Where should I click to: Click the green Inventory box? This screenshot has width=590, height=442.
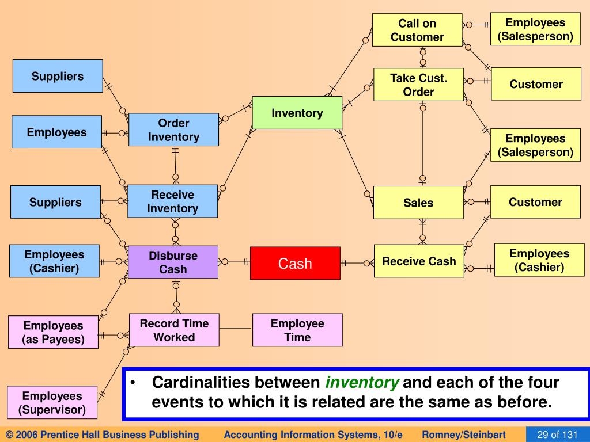coord(297,113)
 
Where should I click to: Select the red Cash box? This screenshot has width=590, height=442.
coord(295,264)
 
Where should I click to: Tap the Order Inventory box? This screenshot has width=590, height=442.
coord(173,129)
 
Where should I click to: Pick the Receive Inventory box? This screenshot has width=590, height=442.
coord(172,201)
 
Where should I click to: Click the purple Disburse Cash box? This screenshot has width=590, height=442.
coord(173,262)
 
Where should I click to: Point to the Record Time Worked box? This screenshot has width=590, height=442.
coord(174,330)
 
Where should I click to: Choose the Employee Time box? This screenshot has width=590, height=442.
coord(297,330)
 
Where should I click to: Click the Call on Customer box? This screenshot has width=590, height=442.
coord(417,30)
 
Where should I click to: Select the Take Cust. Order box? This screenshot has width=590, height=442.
coord(418,85)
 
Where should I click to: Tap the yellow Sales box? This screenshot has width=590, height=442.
coord(418,203)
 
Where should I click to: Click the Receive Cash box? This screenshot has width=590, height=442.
coord(419,261)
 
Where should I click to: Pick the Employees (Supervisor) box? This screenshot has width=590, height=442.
coord(52,403)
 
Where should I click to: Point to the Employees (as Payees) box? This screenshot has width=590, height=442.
coord(53,333)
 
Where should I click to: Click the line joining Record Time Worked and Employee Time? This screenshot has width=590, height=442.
coord(236,329)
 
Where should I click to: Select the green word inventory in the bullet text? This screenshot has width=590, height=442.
coord(362,383)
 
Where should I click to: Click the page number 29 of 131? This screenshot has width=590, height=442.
coord(557,435)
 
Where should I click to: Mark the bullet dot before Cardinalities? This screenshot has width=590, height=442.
coord(133,383)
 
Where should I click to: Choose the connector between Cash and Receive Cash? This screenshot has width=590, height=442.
coord(357,264)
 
